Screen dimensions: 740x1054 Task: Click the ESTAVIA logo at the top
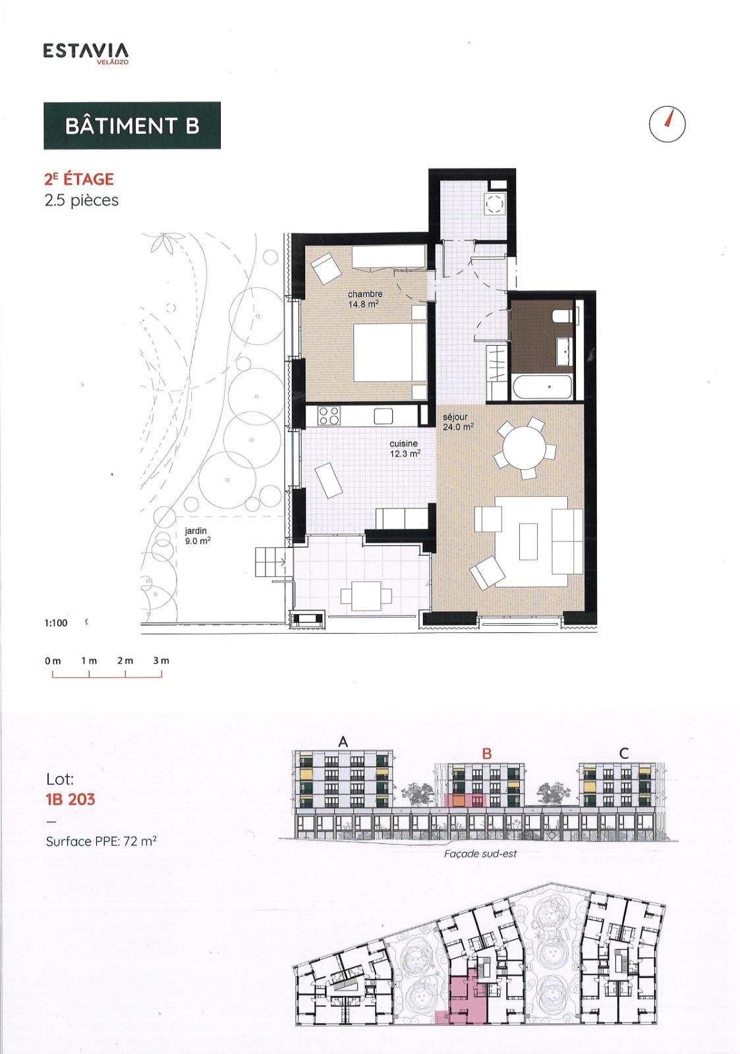pos(86,53)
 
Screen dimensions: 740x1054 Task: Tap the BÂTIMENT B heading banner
pos(132,125)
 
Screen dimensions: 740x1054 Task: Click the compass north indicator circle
pos(667,124)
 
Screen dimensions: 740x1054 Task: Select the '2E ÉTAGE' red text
pos(79,179)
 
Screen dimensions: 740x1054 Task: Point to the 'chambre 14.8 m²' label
pos(365,299)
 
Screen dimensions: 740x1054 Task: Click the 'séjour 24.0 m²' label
pos(457,422)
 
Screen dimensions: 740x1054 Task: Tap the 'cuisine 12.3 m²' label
pos(405,449)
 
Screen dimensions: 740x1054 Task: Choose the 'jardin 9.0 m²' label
pos(197,536)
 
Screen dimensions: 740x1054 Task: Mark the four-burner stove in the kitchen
pos(329,416)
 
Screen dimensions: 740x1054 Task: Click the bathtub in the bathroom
pos(542,386)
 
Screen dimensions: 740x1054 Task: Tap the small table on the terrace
pos(361,596)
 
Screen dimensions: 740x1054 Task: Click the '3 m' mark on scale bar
pos(161,661)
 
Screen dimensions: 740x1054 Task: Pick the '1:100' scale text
pos(56,623)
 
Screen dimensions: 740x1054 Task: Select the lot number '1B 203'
pos(71,799)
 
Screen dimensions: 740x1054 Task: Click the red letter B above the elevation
pos(487,754)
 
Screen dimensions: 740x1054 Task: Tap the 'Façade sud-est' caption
pos(480,854)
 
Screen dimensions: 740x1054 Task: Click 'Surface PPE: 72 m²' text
pos(101,841)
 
